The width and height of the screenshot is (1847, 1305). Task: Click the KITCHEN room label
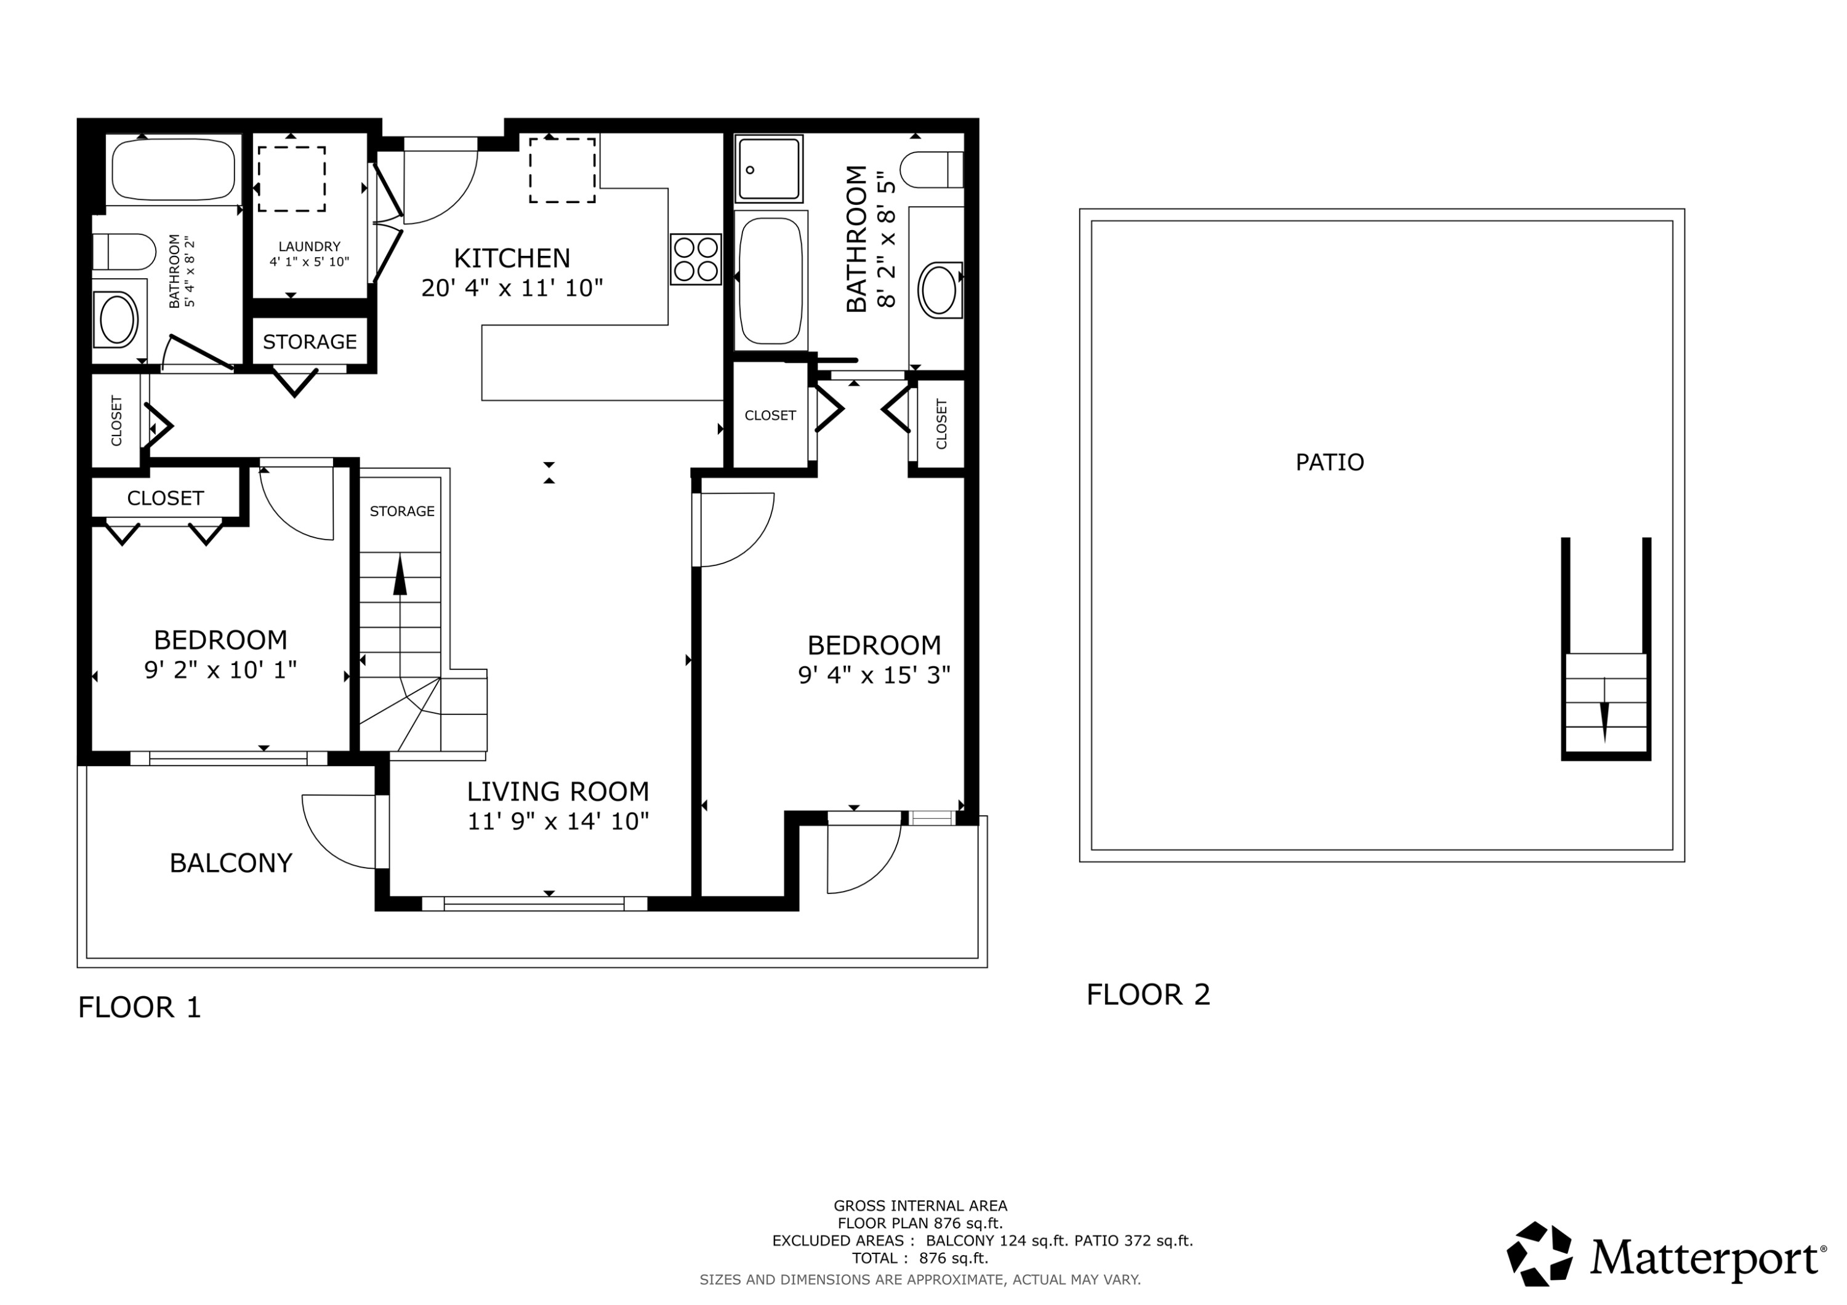(x=512, y=258)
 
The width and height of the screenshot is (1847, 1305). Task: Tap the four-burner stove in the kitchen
(x=696, y=259)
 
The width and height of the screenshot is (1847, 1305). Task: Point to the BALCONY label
(x=231, y=863)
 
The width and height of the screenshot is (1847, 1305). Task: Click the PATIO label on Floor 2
(x=1330, y=462)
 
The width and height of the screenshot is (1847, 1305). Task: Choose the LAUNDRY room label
(x=310, y=246)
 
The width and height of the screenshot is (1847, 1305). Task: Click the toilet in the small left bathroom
(x=123, y=252)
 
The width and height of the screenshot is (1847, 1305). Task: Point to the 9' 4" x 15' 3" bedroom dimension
(x=874, y=674)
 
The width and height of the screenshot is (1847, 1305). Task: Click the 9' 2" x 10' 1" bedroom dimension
(x=220, y=670)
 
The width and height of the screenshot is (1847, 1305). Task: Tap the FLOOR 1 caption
(x=139, y=1007)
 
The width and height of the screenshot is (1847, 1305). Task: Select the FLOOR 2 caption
(x=1148, y=995)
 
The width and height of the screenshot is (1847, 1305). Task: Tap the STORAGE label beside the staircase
(x=402, y=511)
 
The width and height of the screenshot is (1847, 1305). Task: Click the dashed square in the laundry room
(x=291, y=178)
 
